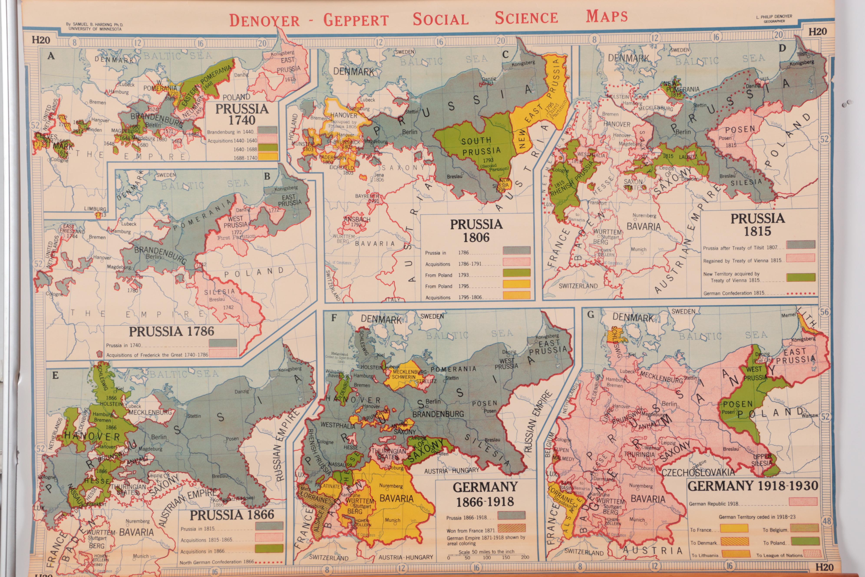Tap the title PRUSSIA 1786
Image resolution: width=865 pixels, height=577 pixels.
[171, 332]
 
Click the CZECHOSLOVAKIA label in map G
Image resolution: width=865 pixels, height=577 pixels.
[698, 472]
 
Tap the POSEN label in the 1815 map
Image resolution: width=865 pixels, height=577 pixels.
[740, 129]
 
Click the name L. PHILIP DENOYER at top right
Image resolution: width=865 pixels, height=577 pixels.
[774, 17]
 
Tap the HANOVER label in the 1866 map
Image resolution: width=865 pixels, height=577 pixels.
[92, 436]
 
